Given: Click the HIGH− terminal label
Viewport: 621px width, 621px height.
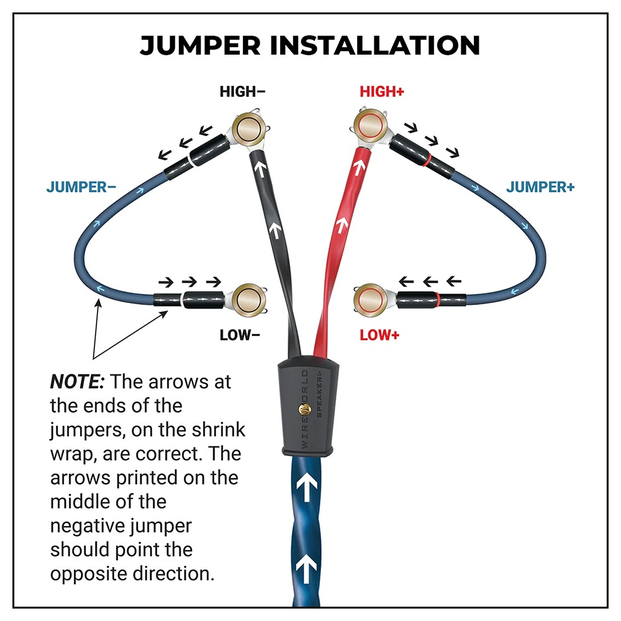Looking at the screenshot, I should [242, 92].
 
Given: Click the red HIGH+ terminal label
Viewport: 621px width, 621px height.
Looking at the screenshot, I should [382, 92].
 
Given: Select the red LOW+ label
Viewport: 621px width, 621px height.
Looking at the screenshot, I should [379, 335].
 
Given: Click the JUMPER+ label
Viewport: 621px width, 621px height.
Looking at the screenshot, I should [540, 187].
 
